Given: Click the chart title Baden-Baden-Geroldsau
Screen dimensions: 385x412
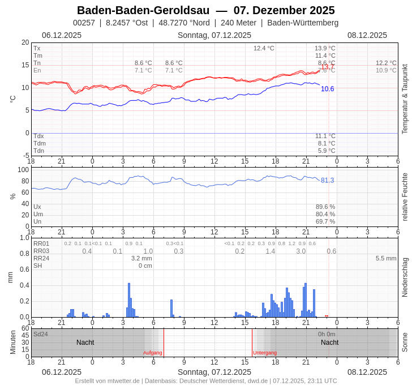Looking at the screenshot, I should click(x=143, y=10).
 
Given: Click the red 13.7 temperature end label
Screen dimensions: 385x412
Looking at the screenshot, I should click(x=328, y=67).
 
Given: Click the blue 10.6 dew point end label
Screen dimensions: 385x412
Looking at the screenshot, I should click(x=328, y=89).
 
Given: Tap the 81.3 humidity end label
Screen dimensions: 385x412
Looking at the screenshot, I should click(x=328, y=180).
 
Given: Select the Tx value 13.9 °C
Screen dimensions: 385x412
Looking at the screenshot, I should click(x=325, y=48).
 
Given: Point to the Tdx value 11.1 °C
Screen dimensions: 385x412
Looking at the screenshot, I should click(x=325, y=136).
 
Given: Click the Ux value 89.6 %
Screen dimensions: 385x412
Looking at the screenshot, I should click(x=325, y=207).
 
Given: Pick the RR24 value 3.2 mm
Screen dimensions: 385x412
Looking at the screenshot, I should click(x=141, y=258).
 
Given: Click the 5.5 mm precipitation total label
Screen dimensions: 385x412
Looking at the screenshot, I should click(x=386, y=258).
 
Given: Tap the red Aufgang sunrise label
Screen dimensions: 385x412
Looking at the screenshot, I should click(x=153, y=353).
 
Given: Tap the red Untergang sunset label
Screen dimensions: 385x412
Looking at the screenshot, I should click(x=265, y=353).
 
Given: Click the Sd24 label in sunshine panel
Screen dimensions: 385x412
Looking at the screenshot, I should click(x=41, y=334).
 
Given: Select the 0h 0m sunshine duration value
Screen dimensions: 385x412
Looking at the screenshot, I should click(x=327, y=334).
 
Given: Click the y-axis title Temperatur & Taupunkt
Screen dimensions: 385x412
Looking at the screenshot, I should click(x=405, y=99).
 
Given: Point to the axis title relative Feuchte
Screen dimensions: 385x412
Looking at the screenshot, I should click(x=405, y=197).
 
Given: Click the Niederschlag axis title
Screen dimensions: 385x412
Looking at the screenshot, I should click(x=405, y=277).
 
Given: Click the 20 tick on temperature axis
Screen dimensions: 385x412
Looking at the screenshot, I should click(x=25, y=42).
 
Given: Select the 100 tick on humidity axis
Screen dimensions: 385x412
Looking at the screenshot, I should click(x=23, y=170).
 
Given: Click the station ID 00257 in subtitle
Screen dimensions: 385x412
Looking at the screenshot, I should click(x=84, y=23).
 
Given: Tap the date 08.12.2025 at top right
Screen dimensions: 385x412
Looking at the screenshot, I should click(x=367, y=35).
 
